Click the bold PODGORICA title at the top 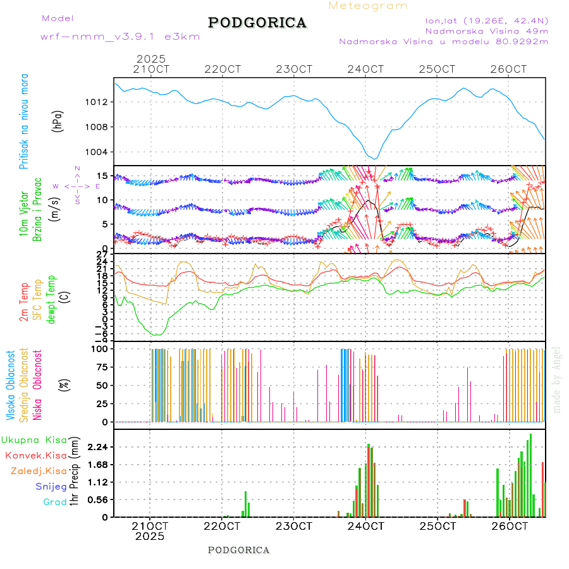coord(257,23)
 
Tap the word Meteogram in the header coord(368,6)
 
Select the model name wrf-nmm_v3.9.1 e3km coord(120,37)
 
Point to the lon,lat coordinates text coord(487,20)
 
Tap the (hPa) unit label coord(58,121)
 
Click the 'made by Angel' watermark coord(557,379)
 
